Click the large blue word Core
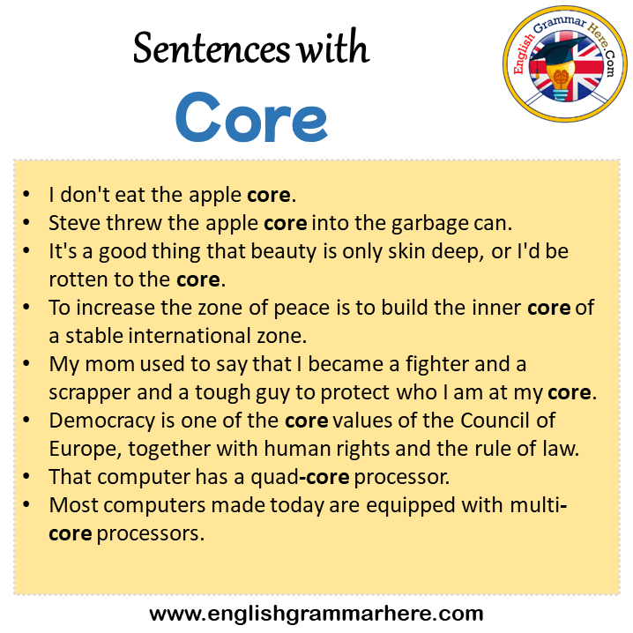[x=251, y=117]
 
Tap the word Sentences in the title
[x=211, y=48]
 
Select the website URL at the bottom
[x=316, y=614]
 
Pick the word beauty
[x=284, y=252]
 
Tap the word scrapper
[x=90, y=393]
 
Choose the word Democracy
[x=101, y=421]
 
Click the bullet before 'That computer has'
[x=26, y=477]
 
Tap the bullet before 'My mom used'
[x=26, y=364]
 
